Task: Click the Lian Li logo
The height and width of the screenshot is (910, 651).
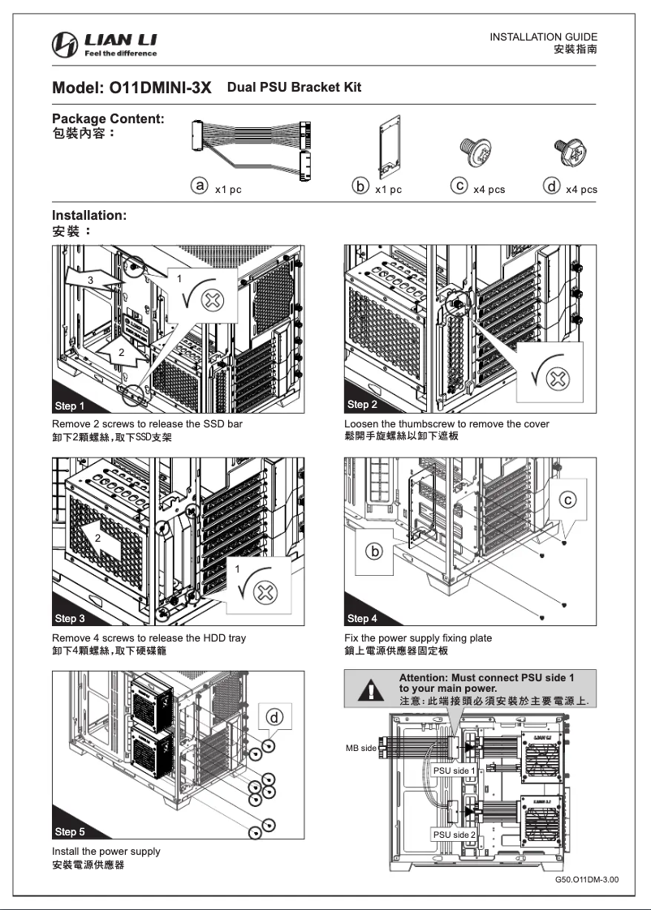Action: [x=105, y=45]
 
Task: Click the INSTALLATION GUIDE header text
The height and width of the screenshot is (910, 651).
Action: [x=544, y=37]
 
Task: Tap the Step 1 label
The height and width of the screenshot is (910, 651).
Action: [x=69, y=406]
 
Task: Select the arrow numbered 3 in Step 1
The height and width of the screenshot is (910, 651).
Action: [x=89, y=280]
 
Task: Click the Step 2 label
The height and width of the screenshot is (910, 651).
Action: [x=362, y=404]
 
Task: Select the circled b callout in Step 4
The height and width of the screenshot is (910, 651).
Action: [x=375, y=552]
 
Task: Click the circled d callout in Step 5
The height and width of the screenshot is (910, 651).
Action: [x=275, y=718]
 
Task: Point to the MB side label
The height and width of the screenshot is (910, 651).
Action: [x=361, y=748]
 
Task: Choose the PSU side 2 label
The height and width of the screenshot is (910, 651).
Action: [x=454, y=835]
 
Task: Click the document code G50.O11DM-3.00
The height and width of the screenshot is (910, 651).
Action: [x=586, y=878]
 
